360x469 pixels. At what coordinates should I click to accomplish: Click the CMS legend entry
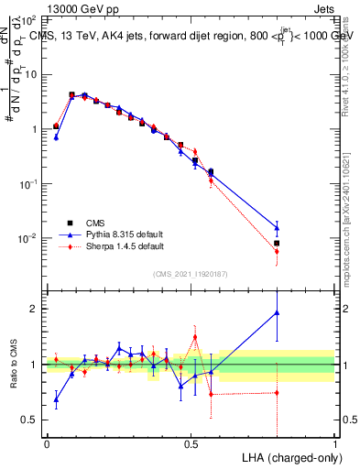point(94,222)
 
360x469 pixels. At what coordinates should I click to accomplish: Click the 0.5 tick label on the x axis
point(191,442)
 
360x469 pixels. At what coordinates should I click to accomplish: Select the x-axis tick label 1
point(334,442)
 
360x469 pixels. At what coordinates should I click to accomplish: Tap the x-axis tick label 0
point(47,442)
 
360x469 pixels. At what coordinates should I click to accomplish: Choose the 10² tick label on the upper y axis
point(29,19)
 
